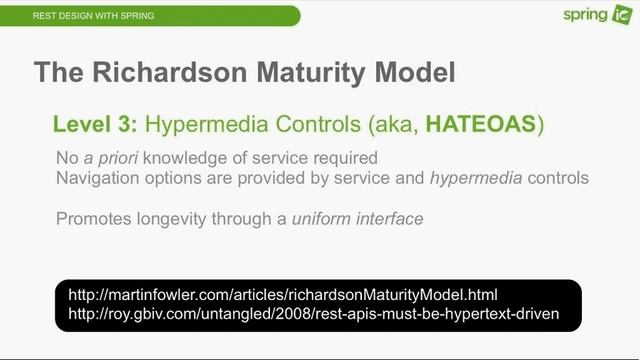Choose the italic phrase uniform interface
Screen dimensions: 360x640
tap(358, 218)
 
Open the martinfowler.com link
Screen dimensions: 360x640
tap(282, 295)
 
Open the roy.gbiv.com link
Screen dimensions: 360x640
tap(312, 314)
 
